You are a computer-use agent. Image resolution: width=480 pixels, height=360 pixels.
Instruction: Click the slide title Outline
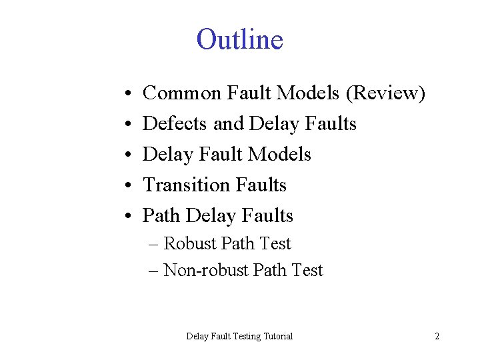(x=239, y=39)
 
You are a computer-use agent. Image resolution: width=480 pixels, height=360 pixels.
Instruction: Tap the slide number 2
(x=437, y=336)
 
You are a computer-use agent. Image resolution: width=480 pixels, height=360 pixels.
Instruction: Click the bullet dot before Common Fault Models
(x=126, y=94)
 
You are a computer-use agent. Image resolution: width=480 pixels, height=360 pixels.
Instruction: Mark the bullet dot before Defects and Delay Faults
(x=126, y=125)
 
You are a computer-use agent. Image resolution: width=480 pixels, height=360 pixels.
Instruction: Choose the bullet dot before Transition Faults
(x=126, y=186)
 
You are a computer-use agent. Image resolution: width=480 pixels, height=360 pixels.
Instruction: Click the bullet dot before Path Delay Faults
(x=126, y=217)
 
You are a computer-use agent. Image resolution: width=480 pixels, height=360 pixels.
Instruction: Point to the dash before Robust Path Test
(x=154, y=244)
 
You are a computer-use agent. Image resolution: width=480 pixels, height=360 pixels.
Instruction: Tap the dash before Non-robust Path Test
(x=154, y=271)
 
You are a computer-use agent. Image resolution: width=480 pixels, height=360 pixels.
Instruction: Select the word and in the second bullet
(x=229, y=124)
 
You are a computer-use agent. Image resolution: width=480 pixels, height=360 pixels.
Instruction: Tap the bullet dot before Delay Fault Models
(x=126, y=155)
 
